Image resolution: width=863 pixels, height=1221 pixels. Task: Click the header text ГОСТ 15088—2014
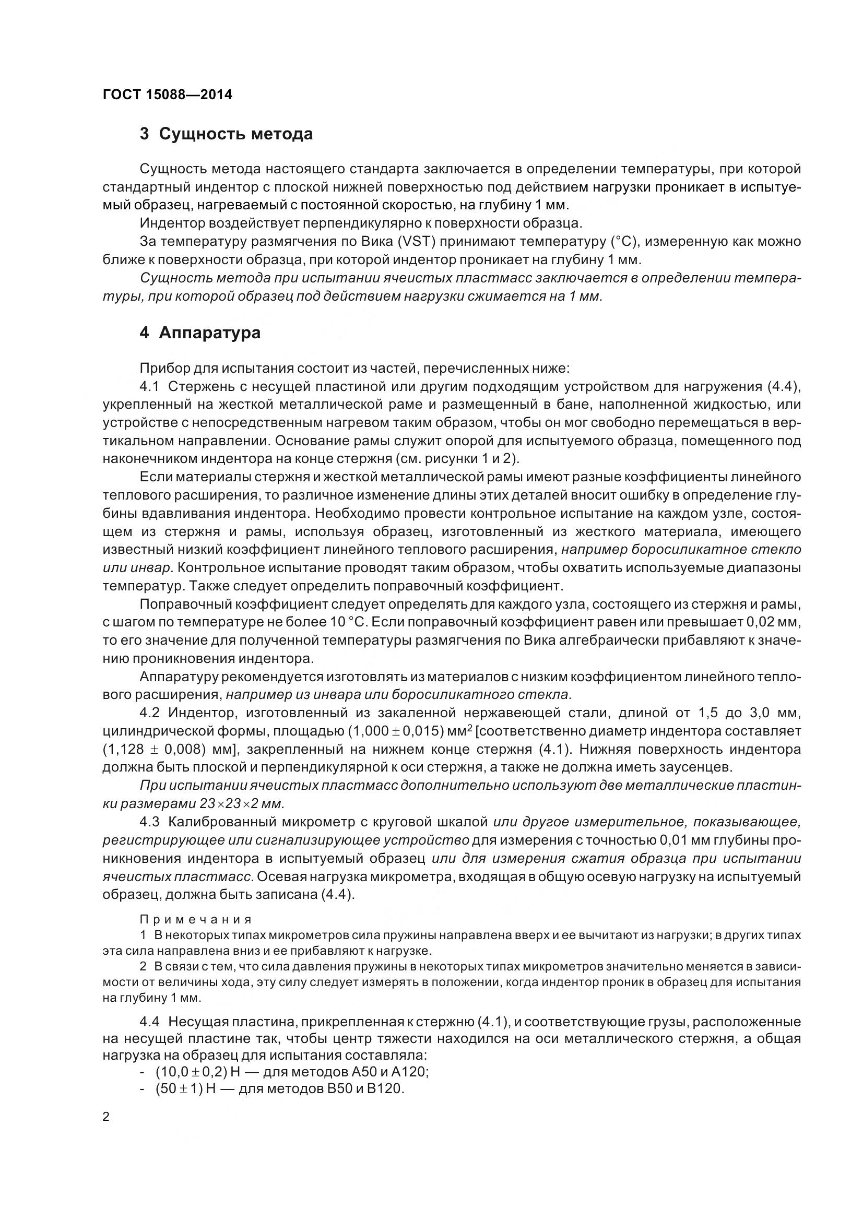coord(167,95)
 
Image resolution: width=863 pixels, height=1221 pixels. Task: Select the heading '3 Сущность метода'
coord(226,134)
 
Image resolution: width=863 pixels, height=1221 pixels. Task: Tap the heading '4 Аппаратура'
coord(200,333)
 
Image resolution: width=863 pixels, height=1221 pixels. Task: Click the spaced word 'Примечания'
coord(196,920)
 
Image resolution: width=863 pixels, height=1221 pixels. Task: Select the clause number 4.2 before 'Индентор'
coord(150,713)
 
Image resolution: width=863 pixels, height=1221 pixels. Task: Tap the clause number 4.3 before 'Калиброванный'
coord(150,822)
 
